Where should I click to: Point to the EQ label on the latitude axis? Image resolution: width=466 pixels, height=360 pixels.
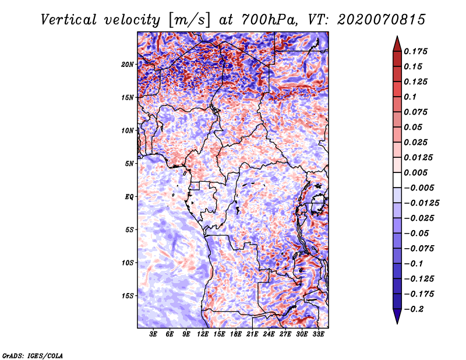coord(129,196)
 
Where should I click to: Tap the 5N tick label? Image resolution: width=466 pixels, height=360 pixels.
coord(129,163)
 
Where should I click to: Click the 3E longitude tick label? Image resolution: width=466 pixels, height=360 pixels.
coord(154,335)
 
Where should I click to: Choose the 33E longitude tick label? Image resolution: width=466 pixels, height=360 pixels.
coord(318,335)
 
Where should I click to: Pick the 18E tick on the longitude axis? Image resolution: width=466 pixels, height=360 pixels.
coord(236,335)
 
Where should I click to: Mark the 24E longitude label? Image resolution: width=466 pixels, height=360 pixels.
coord(269,335)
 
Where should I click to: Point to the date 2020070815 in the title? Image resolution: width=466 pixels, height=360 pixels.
coord(373,20)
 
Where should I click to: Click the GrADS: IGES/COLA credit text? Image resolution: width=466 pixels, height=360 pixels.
coord(33,355)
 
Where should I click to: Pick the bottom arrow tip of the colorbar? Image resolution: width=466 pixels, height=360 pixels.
coord(397,322)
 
